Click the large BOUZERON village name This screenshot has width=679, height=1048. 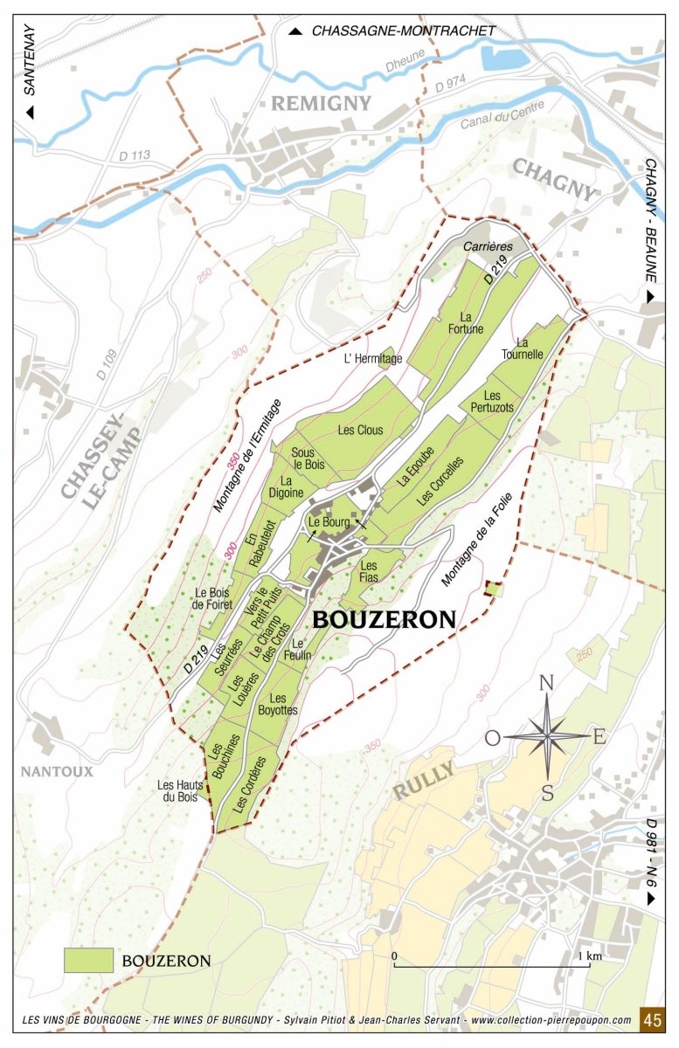[384, 620]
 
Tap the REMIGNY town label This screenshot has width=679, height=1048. [321, 104]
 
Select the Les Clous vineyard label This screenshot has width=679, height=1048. [360, 430]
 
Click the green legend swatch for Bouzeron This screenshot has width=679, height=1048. [88, 961]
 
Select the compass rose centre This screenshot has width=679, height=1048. [547, 736]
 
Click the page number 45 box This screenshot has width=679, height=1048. [652, 1018]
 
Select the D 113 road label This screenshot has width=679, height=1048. [135, 155]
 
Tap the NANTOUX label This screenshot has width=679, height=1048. [58, 771]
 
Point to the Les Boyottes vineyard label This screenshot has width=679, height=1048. [278, 704]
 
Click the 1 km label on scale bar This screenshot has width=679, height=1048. [591, 956]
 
